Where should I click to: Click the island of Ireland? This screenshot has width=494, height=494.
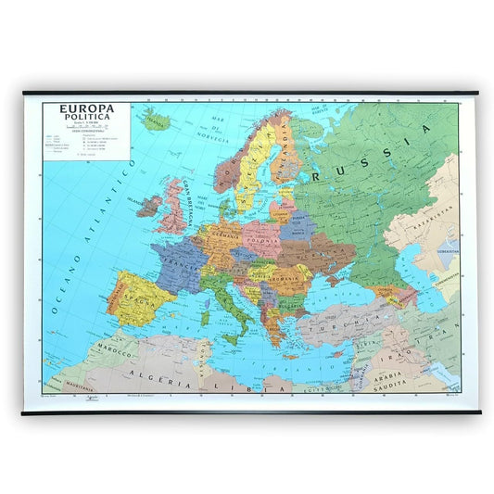(150, 204)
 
